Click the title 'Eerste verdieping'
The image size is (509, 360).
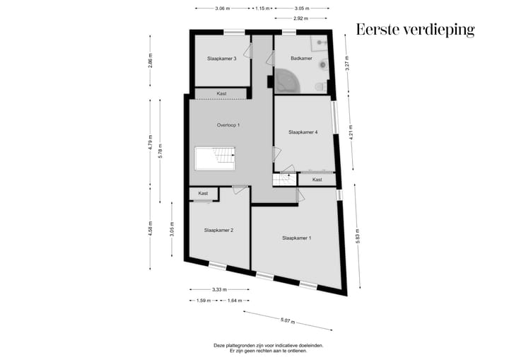pos(415,29)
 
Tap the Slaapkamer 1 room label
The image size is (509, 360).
pos(296,238)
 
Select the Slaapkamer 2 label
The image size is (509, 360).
pos(218,230)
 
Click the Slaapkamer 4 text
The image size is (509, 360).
pos(303,132)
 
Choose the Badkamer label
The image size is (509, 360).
pos(301,58)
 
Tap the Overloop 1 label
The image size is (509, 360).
pos(228,125)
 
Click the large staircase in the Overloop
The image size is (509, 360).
pos(215,158)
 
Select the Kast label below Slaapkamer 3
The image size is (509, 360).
pos(221,93)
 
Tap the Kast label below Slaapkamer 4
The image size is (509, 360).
pos(317,180)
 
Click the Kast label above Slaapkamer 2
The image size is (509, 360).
pos(203,193)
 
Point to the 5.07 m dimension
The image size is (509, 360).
pos(287,321)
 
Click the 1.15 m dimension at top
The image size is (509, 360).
pos(262,8)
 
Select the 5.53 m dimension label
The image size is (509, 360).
pos(358,236)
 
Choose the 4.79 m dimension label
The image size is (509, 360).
pos(150,142)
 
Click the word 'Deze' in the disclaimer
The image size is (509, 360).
pos(220,346)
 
